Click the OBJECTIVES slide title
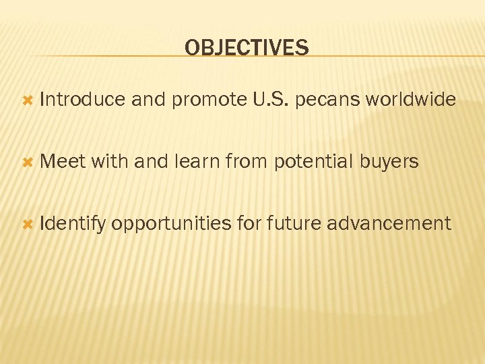coord(247,48)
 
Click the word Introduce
coord(83,100)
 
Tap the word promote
coord(209,100)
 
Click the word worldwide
coord(411,100)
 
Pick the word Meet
coord(62,162)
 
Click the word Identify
coord(73,224)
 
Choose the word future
coord(294,224)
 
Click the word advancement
coord(389,224)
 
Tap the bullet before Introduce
coord(28,100)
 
